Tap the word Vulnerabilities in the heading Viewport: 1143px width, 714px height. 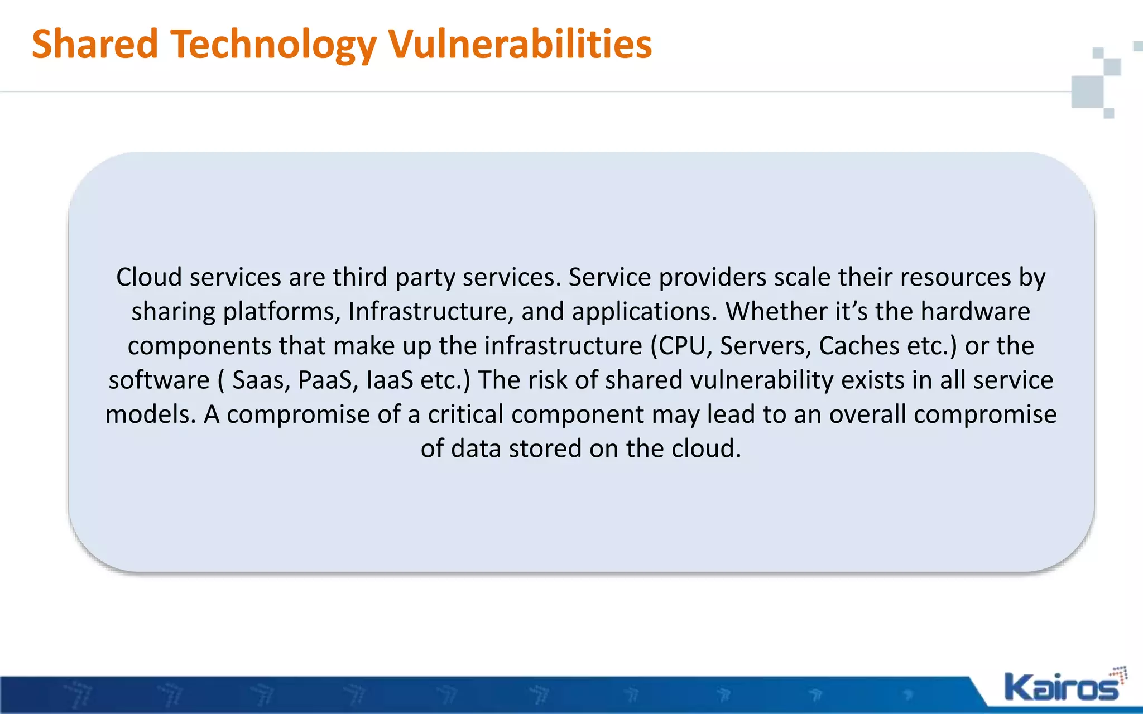click(x=520, y=45)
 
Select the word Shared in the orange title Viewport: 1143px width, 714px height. click(x=95, y=45)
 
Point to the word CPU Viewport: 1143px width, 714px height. click(x=682, y=346)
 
